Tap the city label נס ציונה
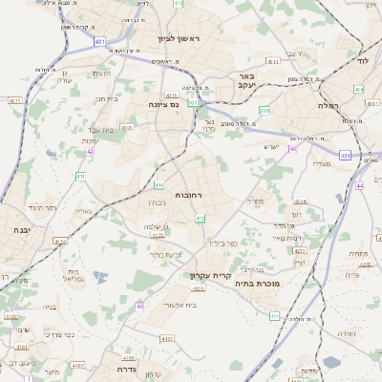163,104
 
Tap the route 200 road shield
265,111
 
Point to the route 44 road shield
359,185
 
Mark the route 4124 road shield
60,242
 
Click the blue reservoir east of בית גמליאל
99,277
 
